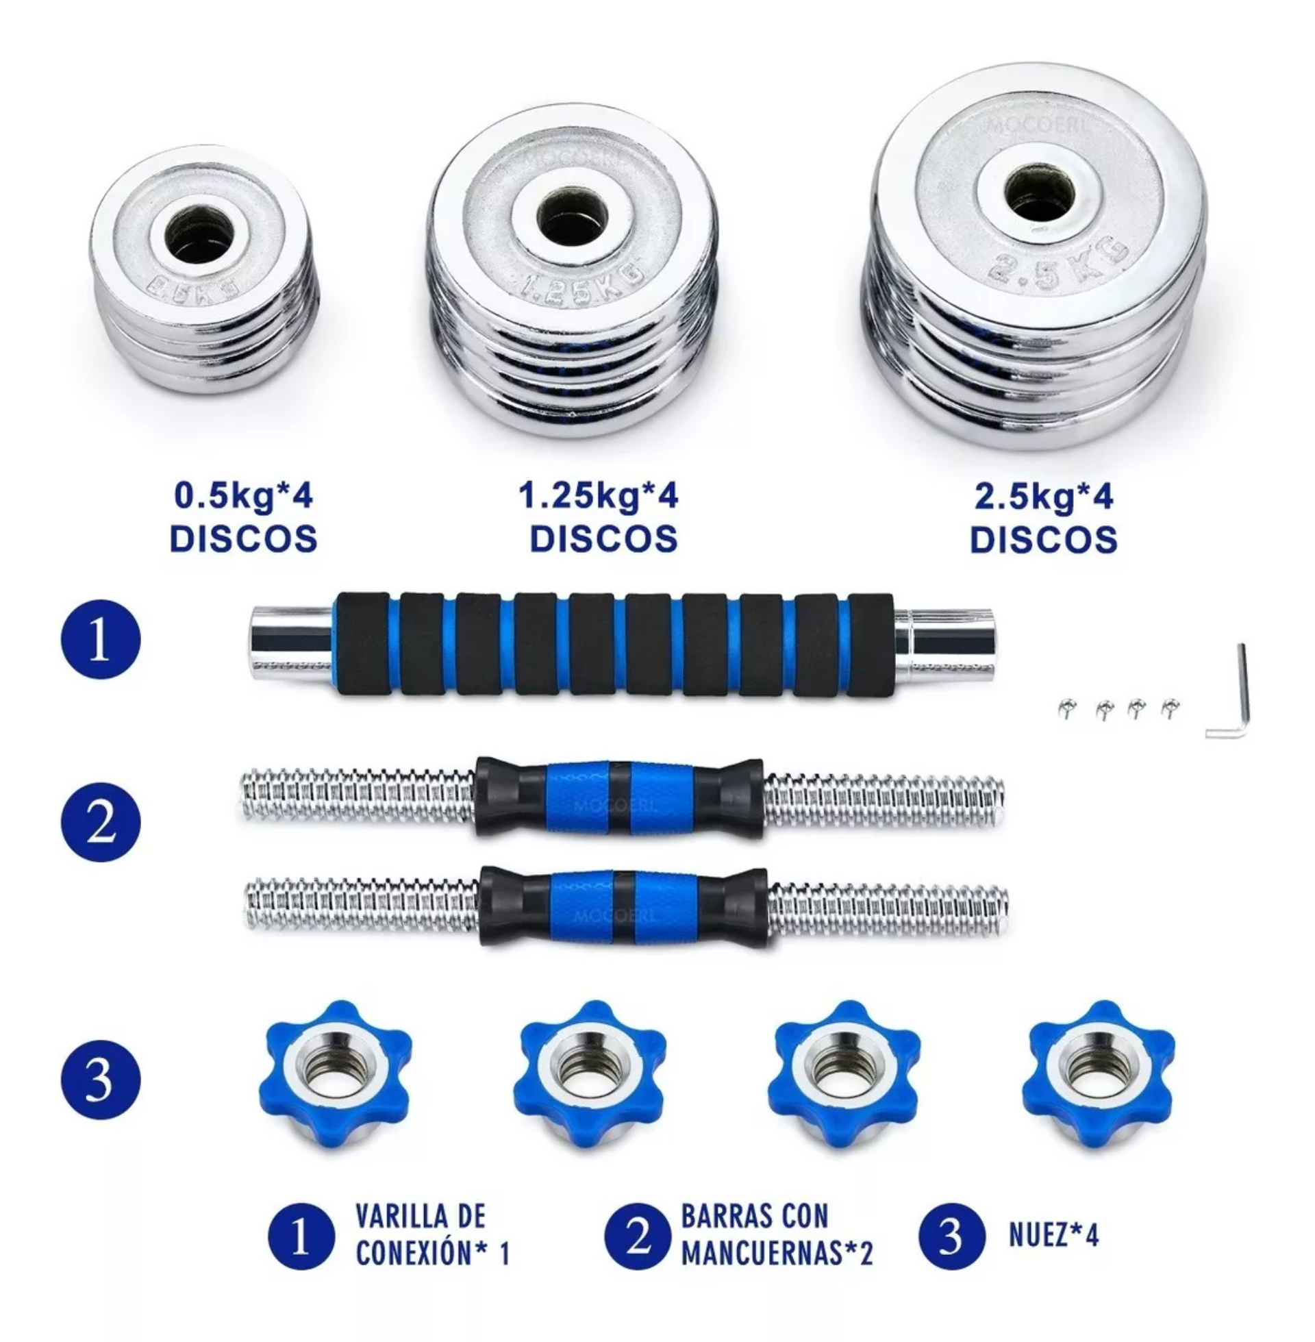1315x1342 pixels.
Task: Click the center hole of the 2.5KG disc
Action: (x=1038, y=193)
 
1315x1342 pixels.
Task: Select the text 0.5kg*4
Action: (x=243, y=496)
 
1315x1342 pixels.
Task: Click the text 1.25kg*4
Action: (x=598, y=496)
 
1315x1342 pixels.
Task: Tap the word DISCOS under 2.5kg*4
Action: (x=1043, y=539)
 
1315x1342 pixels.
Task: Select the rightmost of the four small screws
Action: (x=1170, y=707)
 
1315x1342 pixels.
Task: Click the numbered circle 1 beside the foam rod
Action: (x=101, y=639)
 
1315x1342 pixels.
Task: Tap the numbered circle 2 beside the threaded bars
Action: (x=101, y=822)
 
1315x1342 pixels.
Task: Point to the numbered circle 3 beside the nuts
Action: (x=101, y=1080)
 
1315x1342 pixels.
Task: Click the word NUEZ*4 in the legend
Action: (x=1053, y=1235)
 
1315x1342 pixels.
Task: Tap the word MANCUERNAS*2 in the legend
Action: (x=777, y=1253)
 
